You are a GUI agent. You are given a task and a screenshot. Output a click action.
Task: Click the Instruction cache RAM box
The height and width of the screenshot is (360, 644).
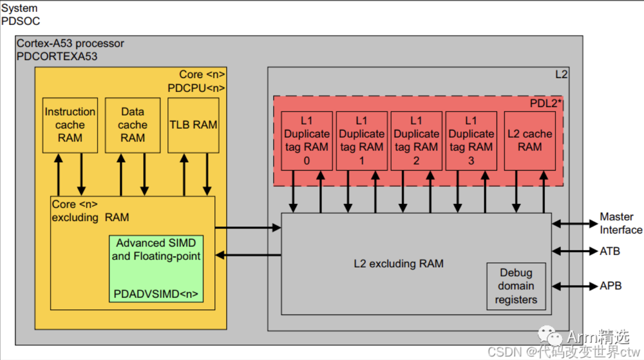[69, 125]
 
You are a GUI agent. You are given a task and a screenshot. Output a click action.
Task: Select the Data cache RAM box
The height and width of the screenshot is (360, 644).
[132, 125]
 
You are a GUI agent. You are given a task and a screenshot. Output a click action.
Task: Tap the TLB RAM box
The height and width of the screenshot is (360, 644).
[193, 125]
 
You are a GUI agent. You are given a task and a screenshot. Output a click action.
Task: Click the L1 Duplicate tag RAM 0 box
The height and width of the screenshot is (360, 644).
[306, 140]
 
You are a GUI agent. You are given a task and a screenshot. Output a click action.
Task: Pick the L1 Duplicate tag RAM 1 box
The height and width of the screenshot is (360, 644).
[361, 140]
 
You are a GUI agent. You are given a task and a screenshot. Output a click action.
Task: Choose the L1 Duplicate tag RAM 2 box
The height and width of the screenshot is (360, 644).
[416, 140]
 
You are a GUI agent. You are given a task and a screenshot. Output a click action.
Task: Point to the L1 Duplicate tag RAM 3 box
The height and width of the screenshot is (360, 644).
[471, 140]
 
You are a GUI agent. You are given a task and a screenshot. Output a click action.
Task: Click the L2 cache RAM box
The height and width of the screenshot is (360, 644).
[529, 140]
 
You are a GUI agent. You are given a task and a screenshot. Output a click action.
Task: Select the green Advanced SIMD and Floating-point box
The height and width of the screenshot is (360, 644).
[156, 268]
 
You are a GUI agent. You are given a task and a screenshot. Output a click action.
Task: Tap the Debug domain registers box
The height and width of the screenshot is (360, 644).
[516, 286]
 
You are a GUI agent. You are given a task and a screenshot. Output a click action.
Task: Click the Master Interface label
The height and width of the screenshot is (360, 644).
[620, 223]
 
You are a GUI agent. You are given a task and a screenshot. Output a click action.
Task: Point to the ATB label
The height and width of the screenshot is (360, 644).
[610, 251]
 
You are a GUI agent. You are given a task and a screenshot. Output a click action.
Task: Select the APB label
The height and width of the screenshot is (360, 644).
[610, 286]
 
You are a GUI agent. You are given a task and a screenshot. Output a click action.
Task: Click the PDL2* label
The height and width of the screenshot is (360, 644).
[545, 103]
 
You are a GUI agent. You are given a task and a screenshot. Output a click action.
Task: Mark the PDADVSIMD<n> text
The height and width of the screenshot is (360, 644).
[155, 294]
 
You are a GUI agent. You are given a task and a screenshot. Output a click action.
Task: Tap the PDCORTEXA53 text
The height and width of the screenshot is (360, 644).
[57, 56]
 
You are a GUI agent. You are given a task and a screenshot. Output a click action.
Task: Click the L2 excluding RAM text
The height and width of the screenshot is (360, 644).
[398, 263]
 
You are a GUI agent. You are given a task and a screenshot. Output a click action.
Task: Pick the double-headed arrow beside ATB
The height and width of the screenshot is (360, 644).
[575, 251]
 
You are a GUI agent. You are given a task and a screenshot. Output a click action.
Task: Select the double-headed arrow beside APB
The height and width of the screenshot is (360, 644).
[575, 286]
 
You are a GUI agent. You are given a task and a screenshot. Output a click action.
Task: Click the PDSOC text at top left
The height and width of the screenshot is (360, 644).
[20, 21]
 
